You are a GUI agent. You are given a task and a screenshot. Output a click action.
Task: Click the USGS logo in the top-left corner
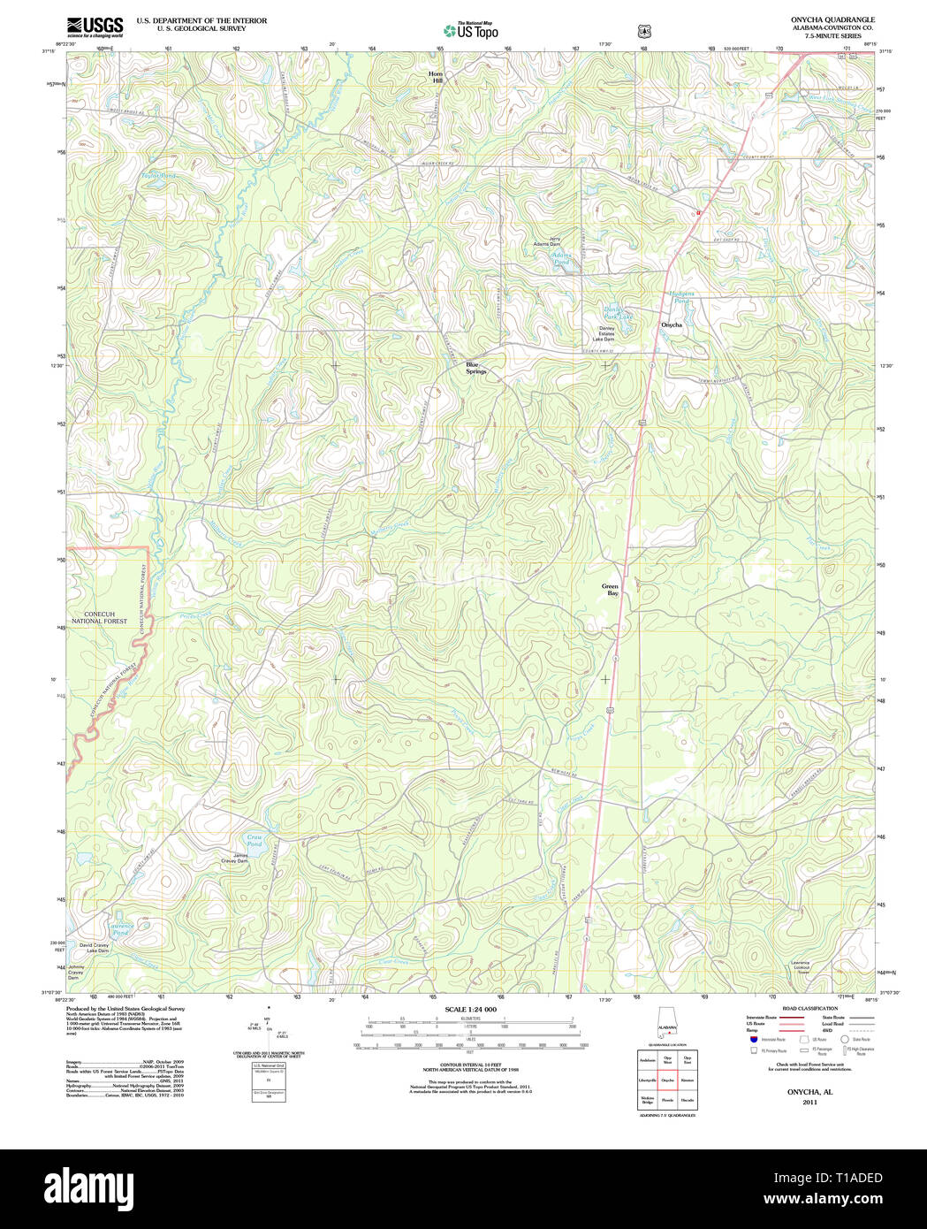[x=95, y=27]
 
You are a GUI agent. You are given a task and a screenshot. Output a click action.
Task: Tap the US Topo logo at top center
[x=471, y=31]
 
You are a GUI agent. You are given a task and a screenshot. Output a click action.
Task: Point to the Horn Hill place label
[x=435, y=77]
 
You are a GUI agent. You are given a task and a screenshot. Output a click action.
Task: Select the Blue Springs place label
[x=476, y=368]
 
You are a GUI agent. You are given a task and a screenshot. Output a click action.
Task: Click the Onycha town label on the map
[x=672, y=324]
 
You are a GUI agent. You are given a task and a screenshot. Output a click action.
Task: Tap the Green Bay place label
[x=611, y=590]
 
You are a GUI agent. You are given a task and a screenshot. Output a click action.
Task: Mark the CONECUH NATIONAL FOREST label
[x=106, y=617]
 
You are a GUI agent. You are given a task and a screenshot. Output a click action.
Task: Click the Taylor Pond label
[x=159, y=176]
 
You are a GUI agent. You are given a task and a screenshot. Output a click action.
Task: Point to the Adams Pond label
[x=561, y=259]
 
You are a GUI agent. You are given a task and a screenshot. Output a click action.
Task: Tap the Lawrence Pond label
[x=120, y=929]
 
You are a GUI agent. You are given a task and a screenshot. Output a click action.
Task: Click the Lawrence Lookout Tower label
[x=800, y=966]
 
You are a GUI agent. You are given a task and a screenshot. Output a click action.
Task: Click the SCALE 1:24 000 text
[x=470, y=1009]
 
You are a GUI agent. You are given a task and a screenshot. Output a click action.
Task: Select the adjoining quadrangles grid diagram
[x=667, y=1080]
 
